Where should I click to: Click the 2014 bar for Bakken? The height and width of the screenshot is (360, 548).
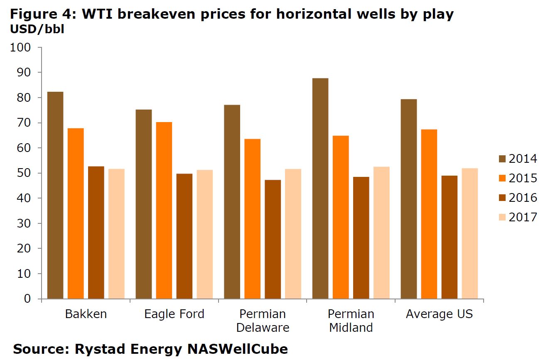(x=55, y=195)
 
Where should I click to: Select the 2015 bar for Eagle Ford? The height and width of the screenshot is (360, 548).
(x=164, y=210)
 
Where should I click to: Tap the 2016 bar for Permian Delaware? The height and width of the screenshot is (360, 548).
(x=273, y=239)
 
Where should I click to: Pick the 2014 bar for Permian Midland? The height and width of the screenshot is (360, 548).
(x=320, y=189)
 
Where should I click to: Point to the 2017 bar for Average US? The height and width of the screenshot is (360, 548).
(x=469, y=233)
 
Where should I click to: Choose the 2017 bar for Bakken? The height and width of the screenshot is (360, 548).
(x=116, y=234)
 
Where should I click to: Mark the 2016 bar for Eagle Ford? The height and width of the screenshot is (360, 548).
(x=184, y=236)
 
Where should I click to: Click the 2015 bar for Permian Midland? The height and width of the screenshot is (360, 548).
(x=341, y=217)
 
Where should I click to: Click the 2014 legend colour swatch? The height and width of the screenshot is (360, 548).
(x=502, y=159)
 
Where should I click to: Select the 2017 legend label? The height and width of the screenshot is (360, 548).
(x=523, y=217)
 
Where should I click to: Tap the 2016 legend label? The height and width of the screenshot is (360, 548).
(x=523, y=198)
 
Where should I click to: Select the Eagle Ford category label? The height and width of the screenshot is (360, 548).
(x=174, y=314)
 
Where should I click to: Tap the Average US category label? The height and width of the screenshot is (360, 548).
(x=439, y=314)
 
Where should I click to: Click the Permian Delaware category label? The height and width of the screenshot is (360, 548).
(x=263, y=321)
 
